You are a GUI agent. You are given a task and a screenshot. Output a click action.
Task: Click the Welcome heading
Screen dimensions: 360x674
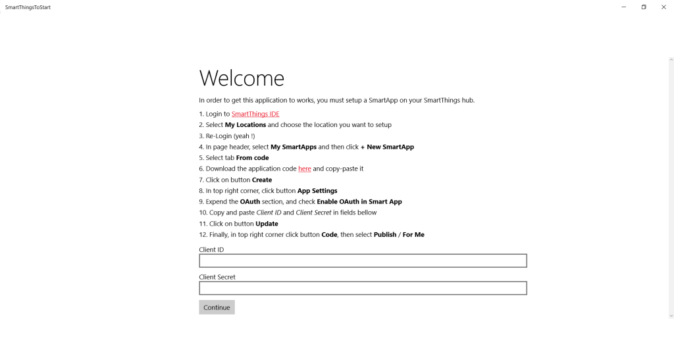click(x=242, y=78)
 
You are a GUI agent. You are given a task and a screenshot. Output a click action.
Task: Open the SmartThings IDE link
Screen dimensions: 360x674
click(x=255, y=114)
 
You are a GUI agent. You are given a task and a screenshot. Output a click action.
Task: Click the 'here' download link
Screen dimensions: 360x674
click(x=305, y=168)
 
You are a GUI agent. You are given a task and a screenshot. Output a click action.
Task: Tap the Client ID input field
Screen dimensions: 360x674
click(x=363, y=261)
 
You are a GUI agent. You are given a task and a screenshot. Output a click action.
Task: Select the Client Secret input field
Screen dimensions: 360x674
click(x=363, y=288)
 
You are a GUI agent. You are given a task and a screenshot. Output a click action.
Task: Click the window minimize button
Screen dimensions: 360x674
click(x=623, y=7)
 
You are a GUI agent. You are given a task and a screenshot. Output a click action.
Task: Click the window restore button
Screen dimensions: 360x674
click(x=644, y=7)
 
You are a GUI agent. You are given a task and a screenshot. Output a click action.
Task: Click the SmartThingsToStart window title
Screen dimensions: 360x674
click(x=28, y=7)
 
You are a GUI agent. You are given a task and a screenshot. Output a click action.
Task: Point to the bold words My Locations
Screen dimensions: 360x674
click(x=246, y=125)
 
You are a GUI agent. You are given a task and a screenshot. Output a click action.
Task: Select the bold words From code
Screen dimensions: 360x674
click(x=252, y=158)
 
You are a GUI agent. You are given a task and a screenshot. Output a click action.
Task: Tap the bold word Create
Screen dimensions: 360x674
click(x=262, y=180)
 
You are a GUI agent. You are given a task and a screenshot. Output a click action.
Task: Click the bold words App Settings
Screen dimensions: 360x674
click(x=317, y=191)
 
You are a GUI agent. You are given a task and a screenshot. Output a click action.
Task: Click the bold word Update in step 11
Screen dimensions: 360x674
click(x=267, y=224)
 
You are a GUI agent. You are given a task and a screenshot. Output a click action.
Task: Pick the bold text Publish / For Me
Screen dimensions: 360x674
click(x=399, y=234)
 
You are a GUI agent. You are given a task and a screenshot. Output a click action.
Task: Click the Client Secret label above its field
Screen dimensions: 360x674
click(x=217, y=277)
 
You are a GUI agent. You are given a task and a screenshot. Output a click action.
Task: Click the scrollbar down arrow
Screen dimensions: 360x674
click(x=671, y=316)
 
